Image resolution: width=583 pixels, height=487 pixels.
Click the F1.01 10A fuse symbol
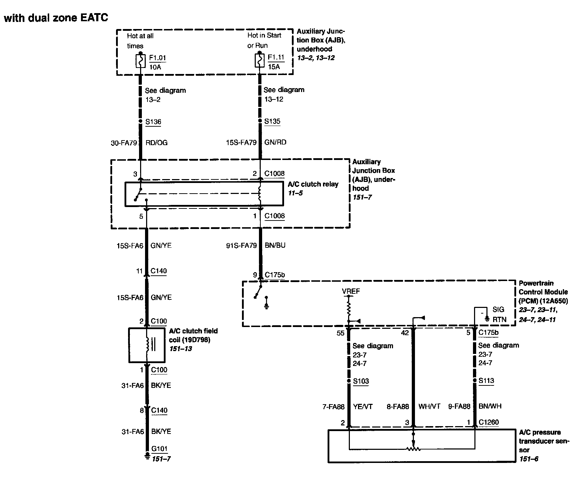click(x=141, y=61)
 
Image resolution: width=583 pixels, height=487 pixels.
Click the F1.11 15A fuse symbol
click(x=260, y=61)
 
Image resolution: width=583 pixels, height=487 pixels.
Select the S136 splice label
click(x=153, y=122)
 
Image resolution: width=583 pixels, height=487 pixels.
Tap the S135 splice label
click(x=272, y=121)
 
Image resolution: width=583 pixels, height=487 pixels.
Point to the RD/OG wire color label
click(x=156, y=143)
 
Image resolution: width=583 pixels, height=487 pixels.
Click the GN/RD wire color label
click(x=275, y=142)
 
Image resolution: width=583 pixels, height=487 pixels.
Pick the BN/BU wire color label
click(x=275, y=245)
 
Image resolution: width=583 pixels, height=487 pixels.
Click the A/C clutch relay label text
click(x=313, y=184)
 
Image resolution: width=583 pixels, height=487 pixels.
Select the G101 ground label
click(x=159, y=449)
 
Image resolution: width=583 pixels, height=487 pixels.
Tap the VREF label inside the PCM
click(x=351, y=291)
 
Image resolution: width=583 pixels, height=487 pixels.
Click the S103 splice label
click(x=361, y=381)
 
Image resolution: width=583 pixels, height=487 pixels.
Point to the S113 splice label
click(x=486, y=381)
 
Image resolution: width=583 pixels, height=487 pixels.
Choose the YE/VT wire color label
click(x=363, y=407)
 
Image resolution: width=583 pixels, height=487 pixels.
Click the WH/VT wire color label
click(x=429, y=407)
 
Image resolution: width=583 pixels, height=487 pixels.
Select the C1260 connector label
click(x=489, y=422)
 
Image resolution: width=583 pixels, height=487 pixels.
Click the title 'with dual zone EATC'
click(x=56, y=18)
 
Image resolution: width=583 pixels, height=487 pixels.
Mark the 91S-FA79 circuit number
click(x=241, y=245)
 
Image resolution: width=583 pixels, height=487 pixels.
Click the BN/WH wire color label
click(x=490, y=406)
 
